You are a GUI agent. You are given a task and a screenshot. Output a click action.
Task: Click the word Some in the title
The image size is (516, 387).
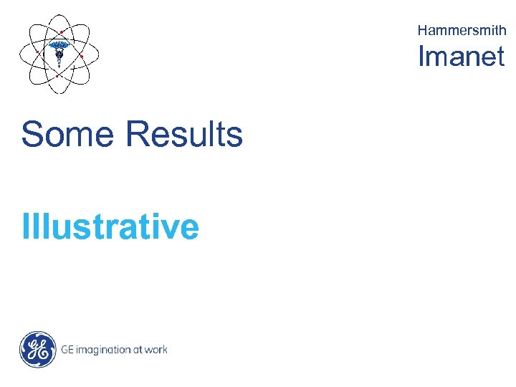(68, 134)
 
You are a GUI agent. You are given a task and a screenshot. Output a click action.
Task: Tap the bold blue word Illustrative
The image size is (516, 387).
(110, 226)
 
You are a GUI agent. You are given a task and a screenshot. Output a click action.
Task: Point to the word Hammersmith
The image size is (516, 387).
(462, 30)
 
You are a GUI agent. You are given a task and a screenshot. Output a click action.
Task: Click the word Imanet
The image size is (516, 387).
(462, 56)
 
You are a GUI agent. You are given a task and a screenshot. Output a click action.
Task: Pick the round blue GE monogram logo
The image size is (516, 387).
(37, 350)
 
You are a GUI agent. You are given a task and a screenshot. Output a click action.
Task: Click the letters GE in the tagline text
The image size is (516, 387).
(67, 350)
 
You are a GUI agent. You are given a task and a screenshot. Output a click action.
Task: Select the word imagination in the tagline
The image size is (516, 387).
(102, 350)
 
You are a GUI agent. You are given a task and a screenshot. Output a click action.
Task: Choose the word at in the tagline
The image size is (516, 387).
(137, 350)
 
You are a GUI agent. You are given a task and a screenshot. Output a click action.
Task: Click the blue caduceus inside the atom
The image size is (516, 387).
(59, 51)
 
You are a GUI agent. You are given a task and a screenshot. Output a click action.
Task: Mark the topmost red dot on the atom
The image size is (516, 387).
(62, 32)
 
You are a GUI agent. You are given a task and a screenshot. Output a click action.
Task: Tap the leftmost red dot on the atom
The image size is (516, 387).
(37, 52)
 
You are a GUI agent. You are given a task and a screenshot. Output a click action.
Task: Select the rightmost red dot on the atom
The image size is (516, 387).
(82, 56)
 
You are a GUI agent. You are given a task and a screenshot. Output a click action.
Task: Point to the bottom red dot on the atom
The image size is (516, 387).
(57, 75)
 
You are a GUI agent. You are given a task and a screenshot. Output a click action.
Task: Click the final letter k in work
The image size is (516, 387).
(164, 350)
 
